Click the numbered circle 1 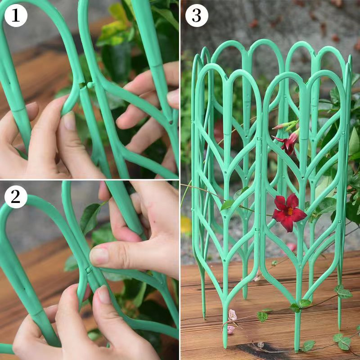16,16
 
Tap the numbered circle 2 16,197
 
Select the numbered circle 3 197,16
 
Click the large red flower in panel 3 288,211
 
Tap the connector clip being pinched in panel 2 89,270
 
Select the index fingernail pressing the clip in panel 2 99,256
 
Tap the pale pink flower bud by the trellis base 232,315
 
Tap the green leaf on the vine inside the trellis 227,205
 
